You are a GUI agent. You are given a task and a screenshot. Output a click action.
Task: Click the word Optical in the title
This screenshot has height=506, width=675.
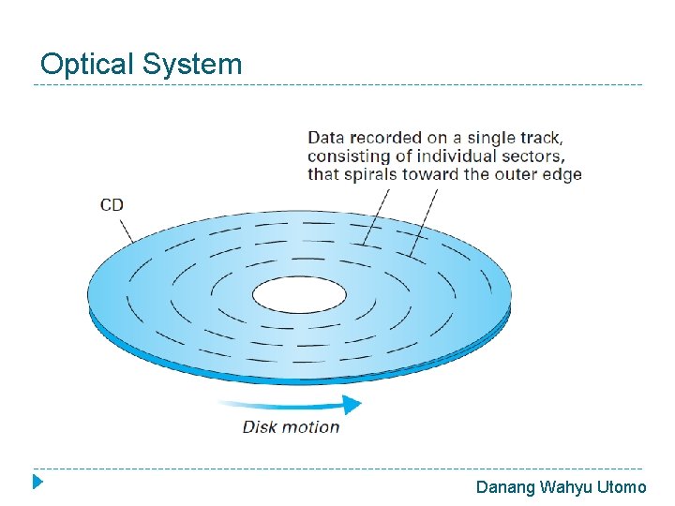[x=88, y=65]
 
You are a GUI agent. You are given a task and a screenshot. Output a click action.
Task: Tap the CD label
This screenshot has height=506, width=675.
[x=112, y=205]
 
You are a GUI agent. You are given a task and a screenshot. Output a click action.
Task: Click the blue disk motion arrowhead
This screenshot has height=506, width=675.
[x=352, y=404]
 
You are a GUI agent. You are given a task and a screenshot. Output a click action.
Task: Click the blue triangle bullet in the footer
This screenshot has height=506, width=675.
[x=37, y=484]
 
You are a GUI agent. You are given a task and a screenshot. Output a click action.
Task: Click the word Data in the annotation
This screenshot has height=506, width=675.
[x=326, y=138]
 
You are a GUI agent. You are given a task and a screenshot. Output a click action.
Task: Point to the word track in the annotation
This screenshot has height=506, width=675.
[x=539, y=138]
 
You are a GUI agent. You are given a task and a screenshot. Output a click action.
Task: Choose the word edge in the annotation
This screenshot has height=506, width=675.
[x=562, y=174]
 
